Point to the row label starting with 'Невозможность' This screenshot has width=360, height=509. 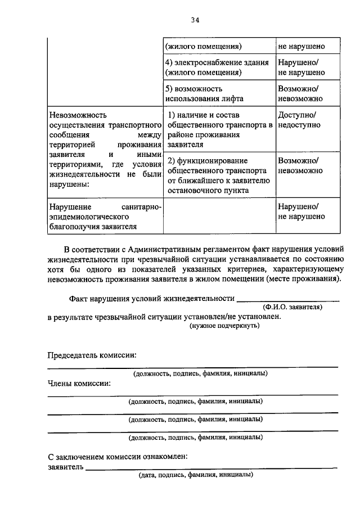(x=105, y=148)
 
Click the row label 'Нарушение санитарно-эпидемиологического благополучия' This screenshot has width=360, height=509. (x=105, y=217)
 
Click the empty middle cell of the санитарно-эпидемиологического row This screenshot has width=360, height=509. (x=219, y=217)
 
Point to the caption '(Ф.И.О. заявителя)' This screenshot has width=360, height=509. (x=292, y=308)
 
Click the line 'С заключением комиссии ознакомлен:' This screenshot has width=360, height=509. (x=118, y=456)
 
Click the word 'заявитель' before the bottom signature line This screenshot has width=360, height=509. (x=66, y=466)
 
